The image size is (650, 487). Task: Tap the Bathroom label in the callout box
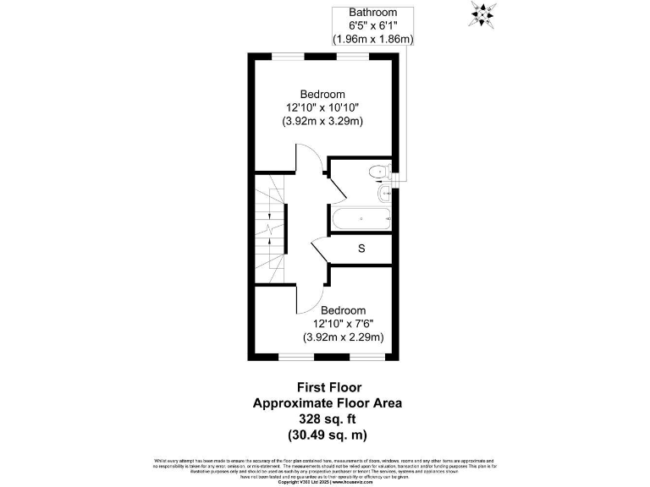pyautogui.click(x=373, y=13)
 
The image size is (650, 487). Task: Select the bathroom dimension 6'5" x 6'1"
pyautogui.click(x=373, y=26)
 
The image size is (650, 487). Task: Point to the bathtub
pyautogui.click(x=361, y=220)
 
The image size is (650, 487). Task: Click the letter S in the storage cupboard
pyautogui.click(x=361, y=249)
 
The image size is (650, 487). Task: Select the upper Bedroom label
pyautogui.click(x=322, y=94)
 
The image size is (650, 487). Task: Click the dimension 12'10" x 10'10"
pyautogui.click(x=322, y=107)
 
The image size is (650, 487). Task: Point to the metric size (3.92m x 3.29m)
pyautogui.click(x=322, y=121)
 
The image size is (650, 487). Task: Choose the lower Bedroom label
pyautogui.click(x=344, y=310)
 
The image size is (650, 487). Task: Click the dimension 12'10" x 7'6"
pyautogui.click(x=344, y=324)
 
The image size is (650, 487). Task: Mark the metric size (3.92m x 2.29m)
pyautogui.click(x=344, y=337)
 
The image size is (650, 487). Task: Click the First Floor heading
pyautogui.click(x=328, y=387)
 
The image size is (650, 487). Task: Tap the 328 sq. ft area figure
pyautogui.click(x=328, y=419)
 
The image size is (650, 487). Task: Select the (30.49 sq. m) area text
pyautogui.click(x=328, y=435)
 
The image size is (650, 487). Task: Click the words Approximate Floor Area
pyautogui.click(x=328, y=403)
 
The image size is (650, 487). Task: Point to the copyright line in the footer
pyautogui.click(x=324, y=482)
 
